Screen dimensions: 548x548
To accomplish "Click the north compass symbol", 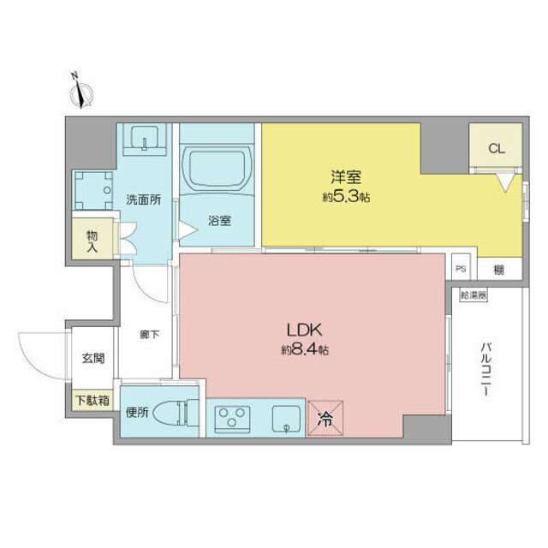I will click(82, 92).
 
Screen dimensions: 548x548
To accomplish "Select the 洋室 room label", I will click(347, 178).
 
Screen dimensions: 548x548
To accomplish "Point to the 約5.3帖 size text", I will click(347, 197).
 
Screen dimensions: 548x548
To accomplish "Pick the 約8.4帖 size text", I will click(304, 349).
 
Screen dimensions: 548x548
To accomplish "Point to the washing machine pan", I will click(93, 188).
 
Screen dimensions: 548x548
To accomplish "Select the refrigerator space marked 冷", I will click(325, 419).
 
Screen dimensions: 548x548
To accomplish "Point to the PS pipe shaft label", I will click(460, 267).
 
